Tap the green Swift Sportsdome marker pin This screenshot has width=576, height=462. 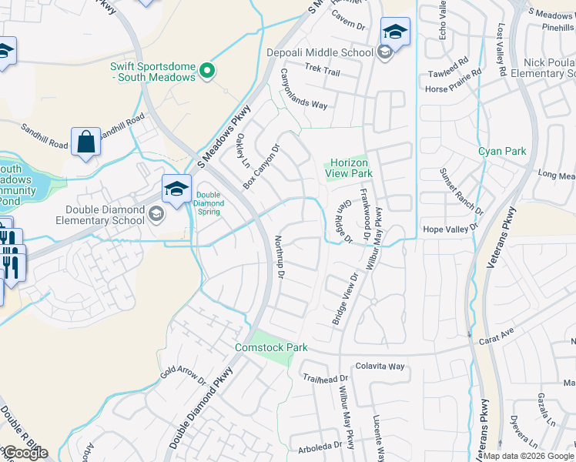tap(206, 72)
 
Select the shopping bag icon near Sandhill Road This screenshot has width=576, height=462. tap(85, 142)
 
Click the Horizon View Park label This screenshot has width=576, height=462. tap(350, 168)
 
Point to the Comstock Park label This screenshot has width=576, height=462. tap(271, 348)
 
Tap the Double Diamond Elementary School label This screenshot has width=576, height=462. tap(105, 215)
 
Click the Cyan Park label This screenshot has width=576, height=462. tap(502, 151)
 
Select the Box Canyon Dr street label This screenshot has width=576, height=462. tap(260, 167)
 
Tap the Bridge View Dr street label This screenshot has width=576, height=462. tap(346, 299)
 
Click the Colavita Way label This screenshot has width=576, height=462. tap(380, 367)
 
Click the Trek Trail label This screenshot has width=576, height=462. tap(322, 71)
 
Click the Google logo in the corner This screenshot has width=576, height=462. tap(25, 453)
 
